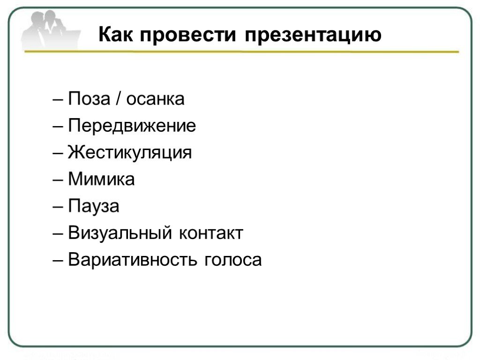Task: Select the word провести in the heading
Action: [x=188, y=35]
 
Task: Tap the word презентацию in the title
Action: [x=313, y=36]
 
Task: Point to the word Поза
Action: [x=89, y=98]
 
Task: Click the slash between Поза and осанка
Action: [x=118, y=98]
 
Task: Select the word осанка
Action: [x=156, y=100]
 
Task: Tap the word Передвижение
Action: [x=132, y=126]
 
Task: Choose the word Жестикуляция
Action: [x=130, y=153]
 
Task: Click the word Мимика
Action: [x=101, y=179]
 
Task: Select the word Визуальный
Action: [x=120, y=232]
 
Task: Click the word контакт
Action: [x=211, y=234]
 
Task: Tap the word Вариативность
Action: [x=132, y=260]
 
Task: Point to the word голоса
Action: [x=233, y=261]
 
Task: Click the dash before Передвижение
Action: [x=58, y=127]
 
